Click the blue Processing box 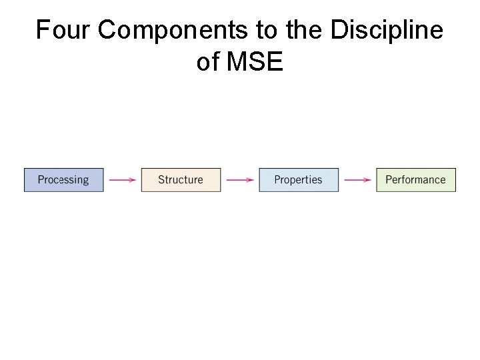(64, 180)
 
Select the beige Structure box (181, 180)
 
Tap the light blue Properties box (299, 180)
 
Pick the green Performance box (416, 180)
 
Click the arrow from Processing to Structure (122, 180)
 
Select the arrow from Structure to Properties (239, 180)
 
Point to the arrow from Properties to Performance (357, 180)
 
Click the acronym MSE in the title (255, 62)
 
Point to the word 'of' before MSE (208, 62)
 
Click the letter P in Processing (41, 180)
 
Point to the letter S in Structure (161, 180)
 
